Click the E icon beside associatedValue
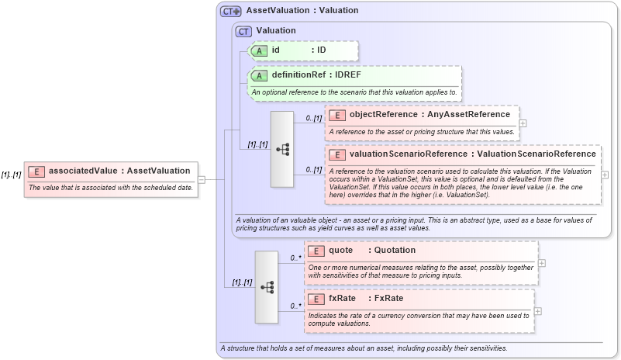point(36,171)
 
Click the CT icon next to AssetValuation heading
point(231,12)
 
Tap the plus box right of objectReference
point(523,123)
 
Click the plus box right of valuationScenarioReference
point(605,175)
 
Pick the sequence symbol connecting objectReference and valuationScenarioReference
point(282,149)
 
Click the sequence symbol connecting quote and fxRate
point(267,286)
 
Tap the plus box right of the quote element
point(541,263)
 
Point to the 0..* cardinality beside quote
point(295,258)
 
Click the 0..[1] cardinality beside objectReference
point(313,118)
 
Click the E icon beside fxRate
point(316,299)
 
